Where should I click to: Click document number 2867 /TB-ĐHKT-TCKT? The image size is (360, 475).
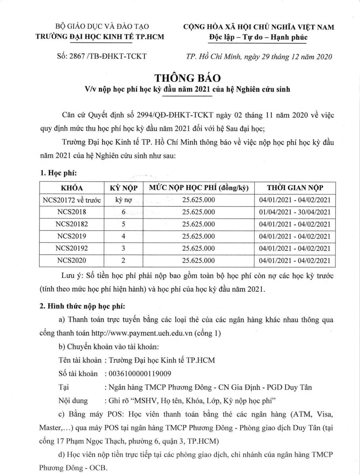102,56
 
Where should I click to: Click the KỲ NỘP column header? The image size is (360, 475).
123,188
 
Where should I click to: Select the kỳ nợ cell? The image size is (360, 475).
123,200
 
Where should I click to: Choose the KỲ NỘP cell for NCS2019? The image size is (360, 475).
123,236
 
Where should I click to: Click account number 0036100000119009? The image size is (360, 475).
137,373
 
